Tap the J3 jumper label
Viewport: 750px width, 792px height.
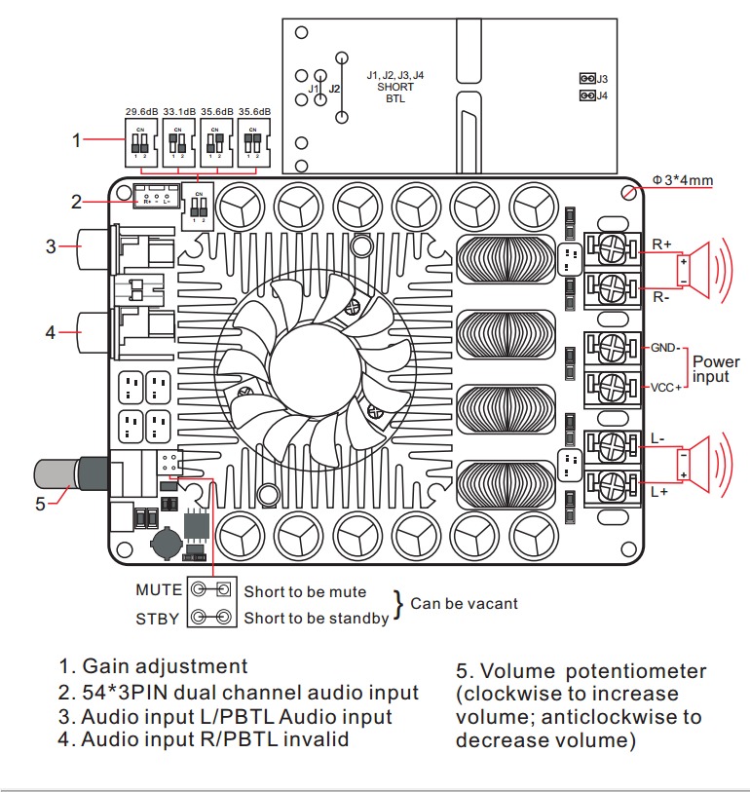[603, 78]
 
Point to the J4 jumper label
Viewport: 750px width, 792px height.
[603, 95]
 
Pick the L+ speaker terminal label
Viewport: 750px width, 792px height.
[658, 492]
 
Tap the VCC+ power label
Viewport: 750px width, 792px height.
[665, 387]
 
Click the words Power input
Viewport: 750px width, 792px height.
[716, 368]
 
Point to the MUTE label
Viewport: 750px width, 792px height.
[159, 589]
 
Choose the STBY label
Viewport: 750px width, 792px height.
[159, 617]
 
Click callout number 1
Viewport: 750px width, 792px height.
[77, 140]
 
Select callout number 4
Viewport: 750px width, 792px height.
[51, 332]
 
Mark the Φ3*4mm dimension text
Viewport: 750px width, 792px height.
[684, 180]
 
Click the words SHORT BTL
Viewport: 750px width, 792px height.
[394, 93]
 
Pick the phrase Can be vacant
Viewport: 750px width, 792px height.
[464, 603]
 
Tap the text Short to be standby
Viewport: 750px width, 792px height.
[316, 618]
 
